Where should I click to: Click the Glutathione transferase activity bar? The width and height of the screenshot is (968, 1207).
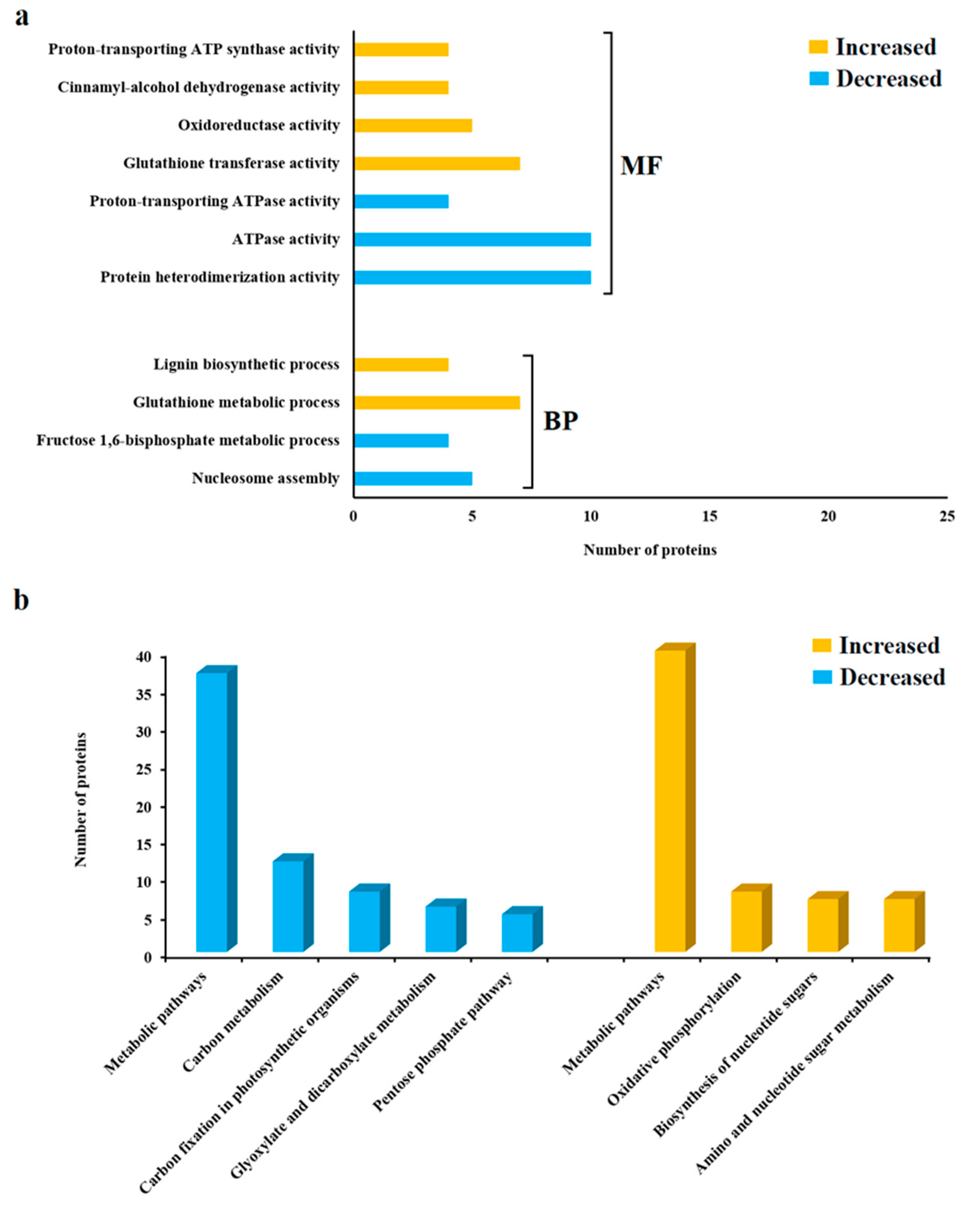(437, 163)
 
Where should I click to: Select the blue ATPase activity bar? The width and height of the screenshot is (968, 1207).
(472, 240)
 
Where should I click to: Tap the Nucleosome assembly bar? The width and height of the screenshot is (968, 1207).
(413, 479)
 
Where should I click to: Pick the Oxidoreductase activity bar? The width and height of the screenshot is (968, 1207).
(413, 125)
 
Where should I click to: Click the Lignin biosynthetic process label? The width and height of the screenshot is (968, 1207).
(246, 364)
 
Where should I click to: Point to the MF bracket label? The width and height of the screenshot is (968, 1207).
(641, 166)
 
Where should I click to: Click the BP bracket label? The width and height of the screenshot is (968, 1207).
(560, 421)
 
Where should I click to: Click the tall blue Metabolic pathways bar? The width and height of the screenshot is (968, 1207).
(212, 812)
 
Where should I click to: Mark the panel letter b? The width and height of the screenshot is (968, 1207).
(21, 600)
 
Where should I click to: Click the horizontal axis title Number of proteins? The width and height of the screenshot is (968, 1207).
(650, 550)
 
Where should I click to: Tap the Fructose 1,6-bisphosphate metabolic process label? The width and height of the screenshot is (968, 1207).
(188, 441)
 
